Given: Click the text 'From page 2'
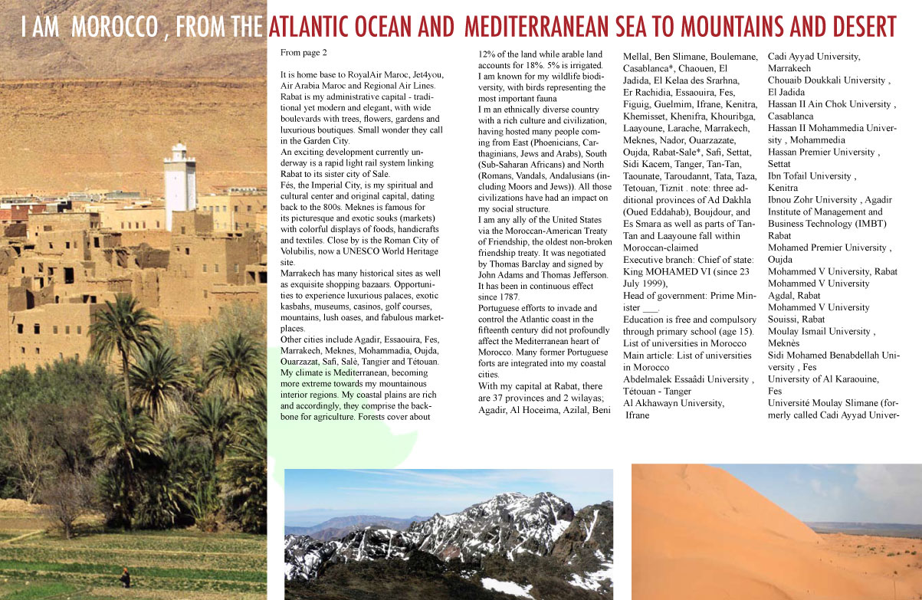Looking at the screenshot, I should (x=304, y=53).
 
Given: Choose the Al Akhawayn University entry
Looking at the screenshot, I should (x=673, y=402).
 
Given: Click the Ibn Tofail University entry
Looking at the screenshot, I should (x=810, y=175).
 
